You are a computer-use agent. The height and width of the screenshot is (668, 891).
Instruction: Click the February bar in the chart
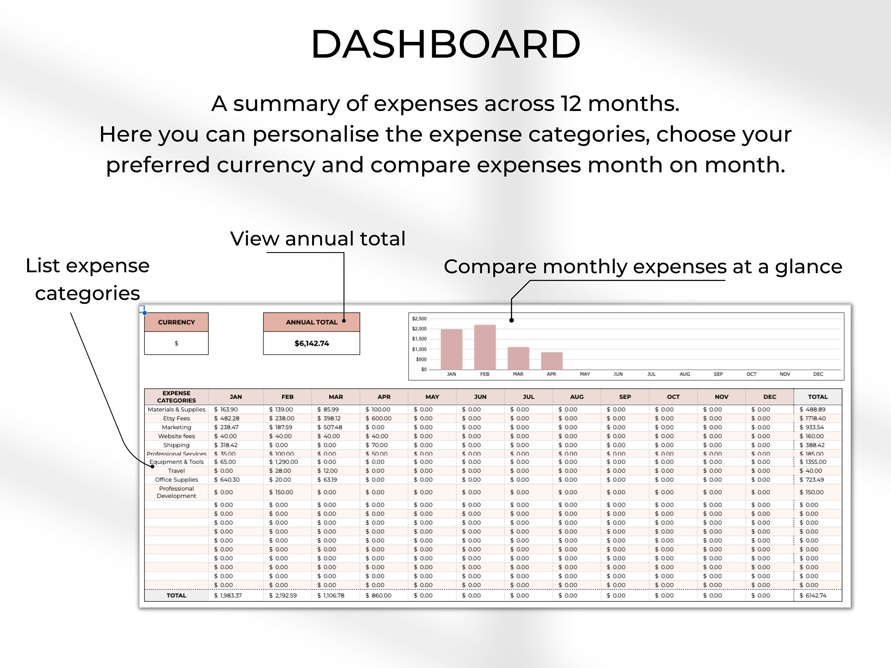coord(485,347)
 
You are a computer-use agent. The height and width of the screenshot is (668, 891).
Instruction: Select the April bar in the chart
coord(552,361)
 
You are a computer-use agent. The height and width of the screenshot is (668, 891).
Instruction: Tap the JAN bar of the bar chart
coord(451,349)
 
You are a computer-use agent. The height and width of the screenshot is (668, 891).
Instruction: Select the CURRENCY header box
coord(176,322)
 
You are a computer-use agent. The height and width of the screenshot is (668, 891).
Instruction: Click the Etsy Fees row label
coord(176,418)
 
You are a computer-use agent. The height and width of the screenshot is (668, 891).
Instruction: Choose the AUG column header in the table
coord(576,397)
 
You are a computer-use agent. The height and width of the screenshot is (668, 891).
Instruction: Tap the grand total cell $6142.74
coord(813,595)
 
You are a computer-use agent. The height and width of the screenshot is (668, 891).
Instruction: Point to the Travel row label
coord(176,471)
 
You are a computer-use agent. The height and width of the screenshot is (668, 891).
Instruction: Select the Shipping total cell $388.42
coord(813,445)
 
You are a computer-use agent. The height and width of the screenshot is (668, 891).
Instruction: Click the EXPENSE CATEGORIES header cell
coord(176,397)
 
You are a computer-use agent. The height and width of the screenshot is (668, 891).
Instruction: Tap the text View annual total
coord(317,239)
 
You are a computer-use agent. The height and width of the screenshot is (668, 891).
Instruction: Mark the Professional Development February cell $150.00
coord(281,492)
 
